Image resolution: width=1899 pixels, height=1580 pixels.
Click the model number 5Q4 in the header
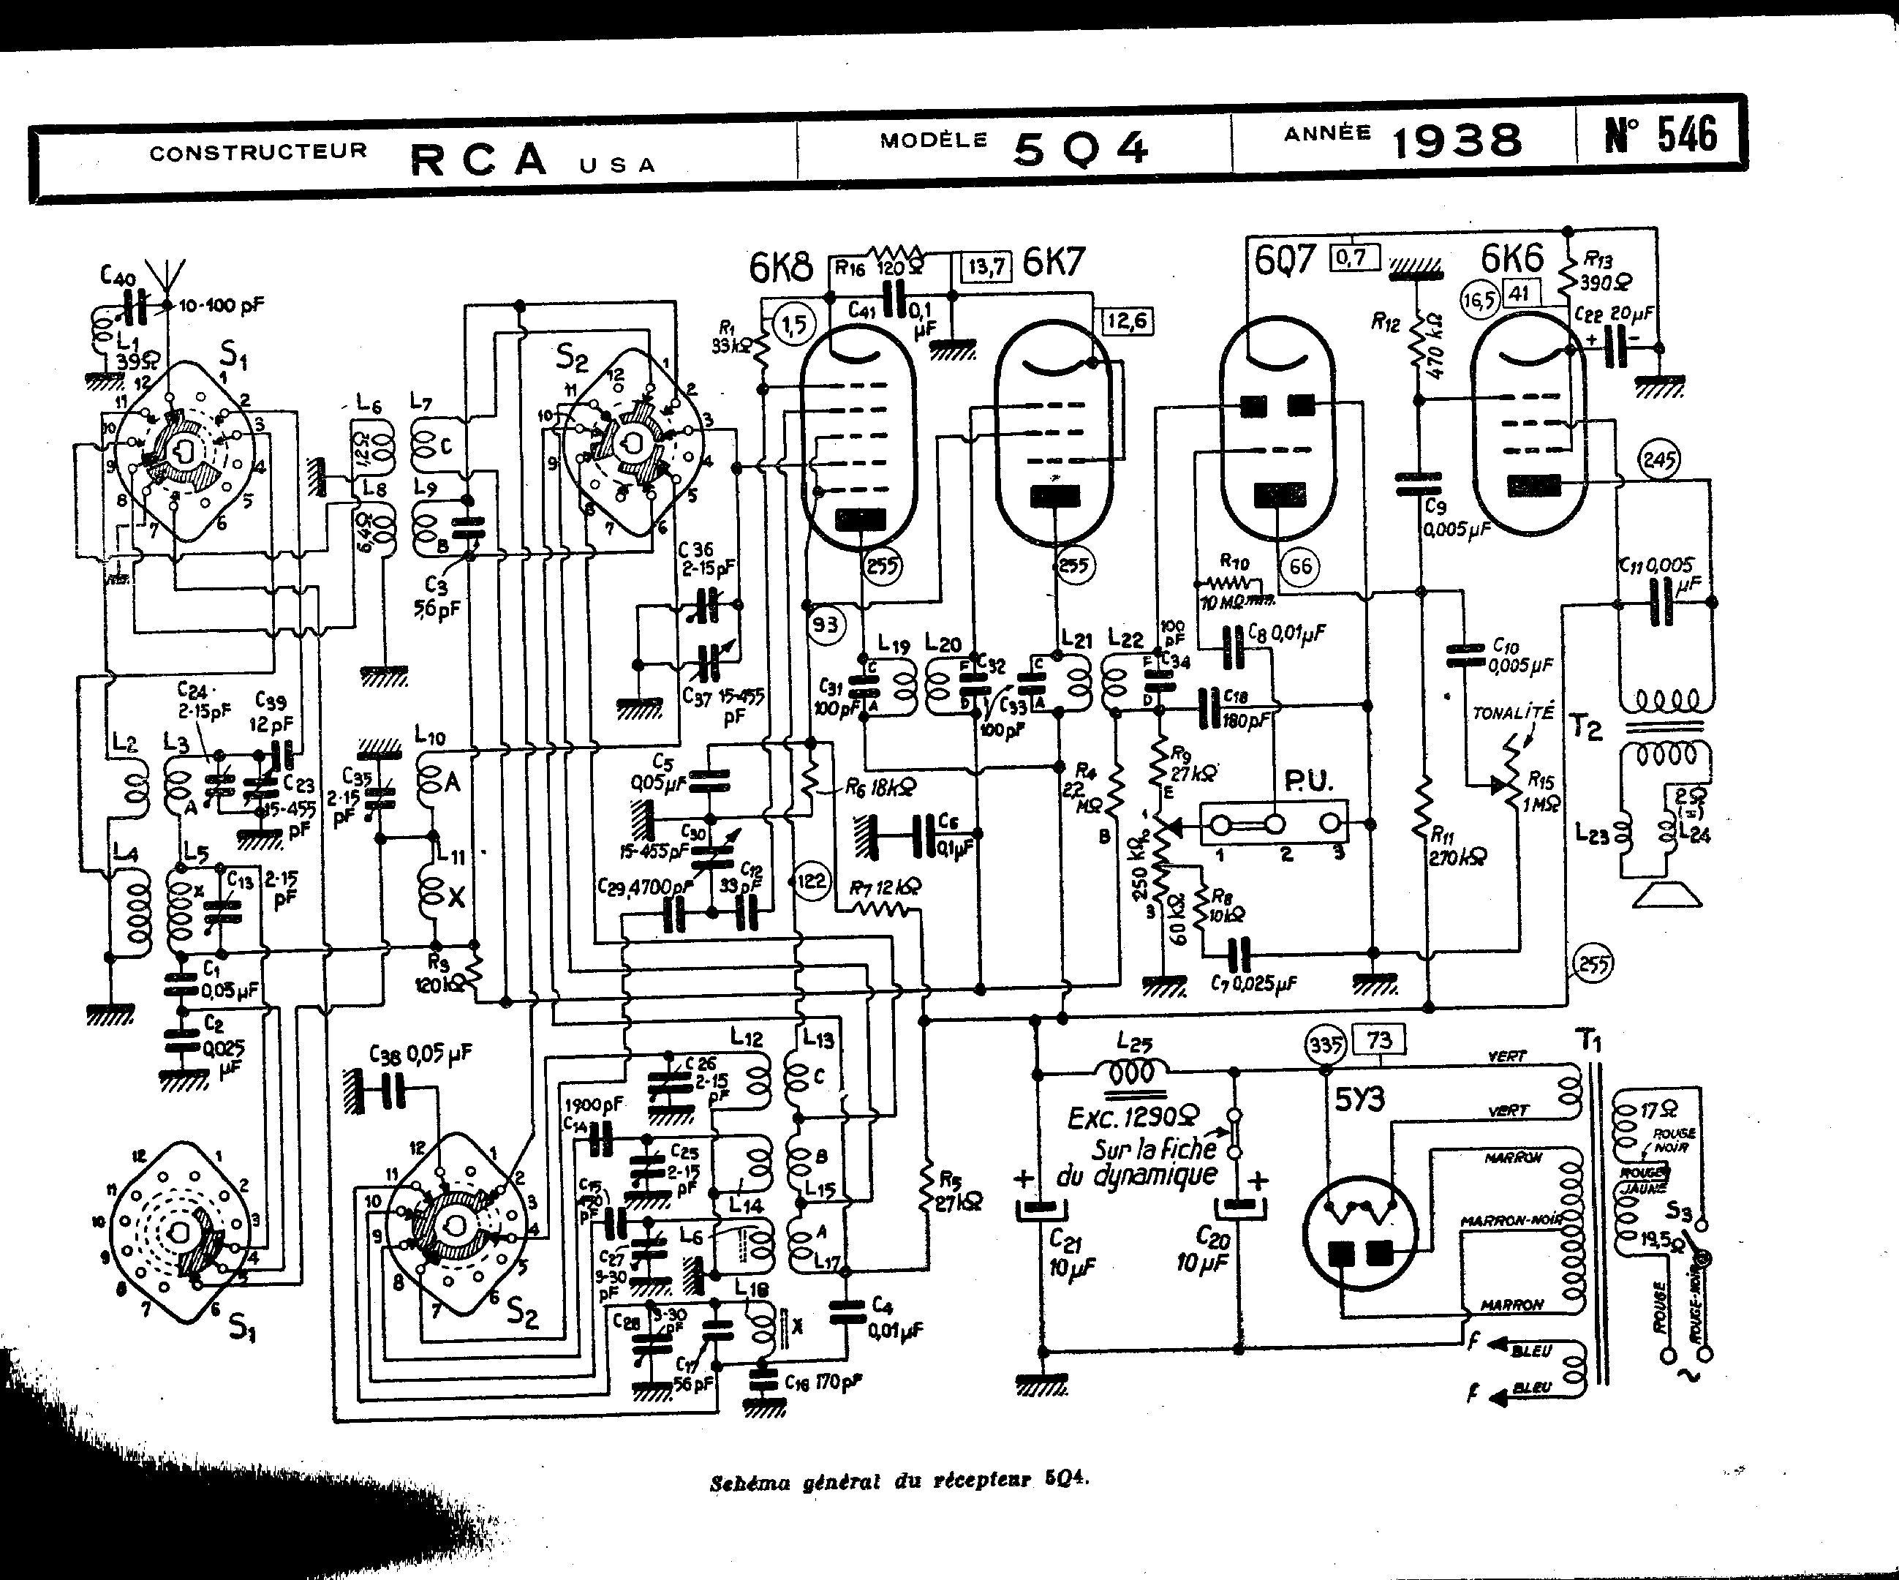tap(1081, 148)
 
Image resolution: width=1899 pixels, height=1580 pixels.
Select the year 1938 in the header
tap(1456, 142)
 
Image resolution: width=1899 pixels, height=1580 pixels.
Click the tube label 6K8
tap(781, 267)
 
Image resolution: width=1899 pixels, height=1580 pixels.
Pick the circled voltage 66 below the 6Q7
tap(1299, 566)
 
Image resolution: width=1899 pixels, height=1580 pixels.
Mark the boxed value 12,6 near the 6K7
tap(1127, 321)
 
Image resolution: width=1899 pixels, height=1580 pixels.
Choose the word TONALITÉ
tap(1512, 712)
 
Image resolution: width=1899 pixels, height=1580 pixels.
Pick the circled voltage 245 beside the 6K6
tap(1658, 460)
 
